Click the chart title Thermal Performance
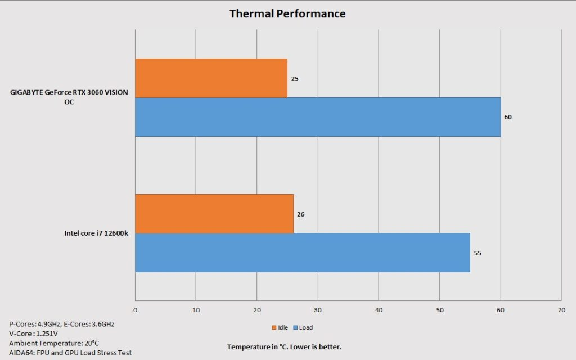tap(287, 13)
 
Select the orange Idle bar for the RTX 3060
tap(211, 78)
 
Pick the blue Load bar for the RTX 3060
tap(318, 117)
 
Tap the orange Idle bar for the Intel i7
tap(214, 214)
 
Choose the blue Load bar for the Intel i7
tap(303, 253)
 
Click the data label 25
tap(295, 79)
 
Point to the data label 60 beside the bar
tap(508, 118)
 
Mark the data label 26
tap(301, 214)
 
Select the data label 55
tap(478, 253)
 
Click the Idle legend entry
tap(280, 327)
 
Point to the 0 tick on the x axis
tap(135, 309)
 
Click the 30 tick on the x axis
tap(318, 309)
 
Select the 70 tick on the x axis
tap(561, 309)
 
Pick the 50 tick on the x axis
tap(439, 309)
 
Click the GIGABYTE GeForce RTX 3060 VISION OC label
tap(69, 97)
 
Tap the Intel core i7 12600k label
tap(96, 233)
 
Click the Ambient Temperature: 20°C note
tap(54, 343)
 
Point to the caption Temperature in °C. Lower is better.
tap(284, 347)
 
